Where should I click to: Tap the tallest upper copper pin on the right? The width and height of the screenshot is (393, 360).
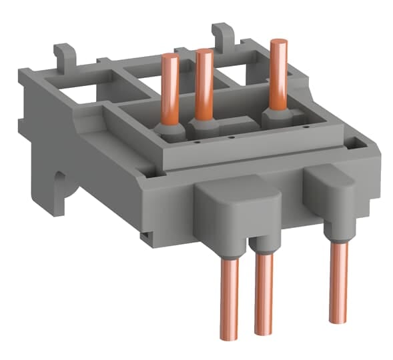tap(278, 73)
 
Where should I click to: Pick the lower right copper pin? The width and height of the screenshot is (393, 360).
tap(339, 280)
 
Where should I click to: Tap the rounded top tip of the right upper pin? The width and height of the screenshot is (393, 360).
tap(278, 43)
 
